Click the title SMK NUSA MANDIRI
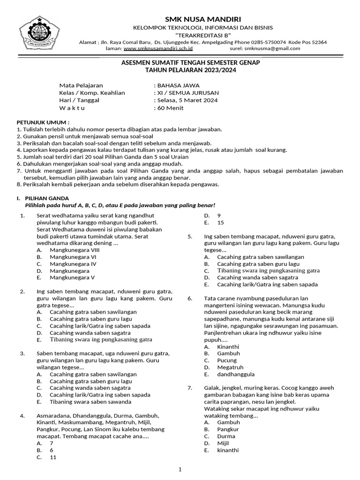pyautogui.click(x=203, y=19)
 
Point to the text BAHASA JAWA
pyautogui.click(x=178, y=85)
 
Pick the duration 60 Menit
pyautogui.click(x=170, y=107)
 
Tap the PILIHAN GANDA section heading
pyautogui.click(x=46, y=198)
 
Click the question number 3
pyautogui.click(x=22, y=353)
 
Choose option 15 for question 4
pyautogui.click(x=221, y=223)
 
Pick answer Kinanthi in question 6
pyautogui.click(x=228, y=347)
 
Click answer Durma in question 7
pyautogui.click(x=226, y=436)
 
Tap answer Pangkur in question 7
pyautogui.click(x=228, y=429)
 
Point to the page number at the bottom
pyautogui.click(x=180, y=470)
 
